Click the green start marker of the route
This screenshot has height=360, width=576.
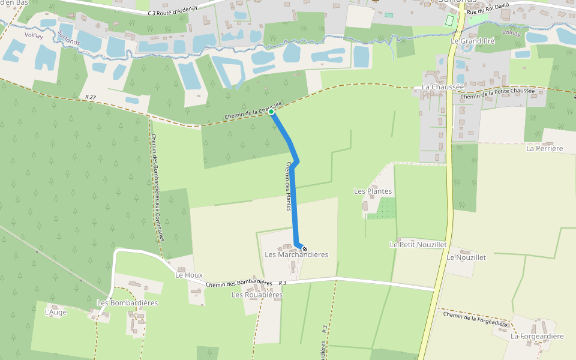(271, 112)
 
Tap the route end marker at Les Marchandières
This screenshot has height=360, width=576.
(305, 249)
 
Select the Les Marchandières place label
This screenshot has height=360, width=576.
(296, 254)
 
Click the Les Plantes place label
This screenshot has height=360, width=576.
(373, 191)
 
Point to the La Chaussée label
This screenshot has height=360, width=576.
(443, 87)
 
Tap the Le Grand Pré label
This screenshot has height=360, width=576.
(472, 41)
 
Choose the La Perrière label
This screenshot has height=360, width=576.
(544, 148)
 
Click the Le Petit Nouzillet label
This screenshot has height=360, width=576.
(418, 245)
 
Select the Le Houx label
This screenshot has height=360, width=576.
(188, 275)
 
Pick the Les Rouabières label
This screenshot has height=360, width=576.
(257, 295)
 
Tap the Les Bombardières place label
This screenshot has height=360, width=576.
(127, 303)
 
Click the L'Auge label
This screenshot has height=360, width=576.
(56, 312)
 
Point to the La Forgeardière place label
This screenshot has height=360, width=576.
(537, 336)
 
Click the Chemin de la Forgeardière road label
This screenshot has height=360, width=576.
(475, 319)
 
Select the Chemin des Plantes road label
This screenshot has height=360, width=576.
(289, 186)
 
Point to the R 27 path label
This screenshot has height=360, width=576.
(91, 97)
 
